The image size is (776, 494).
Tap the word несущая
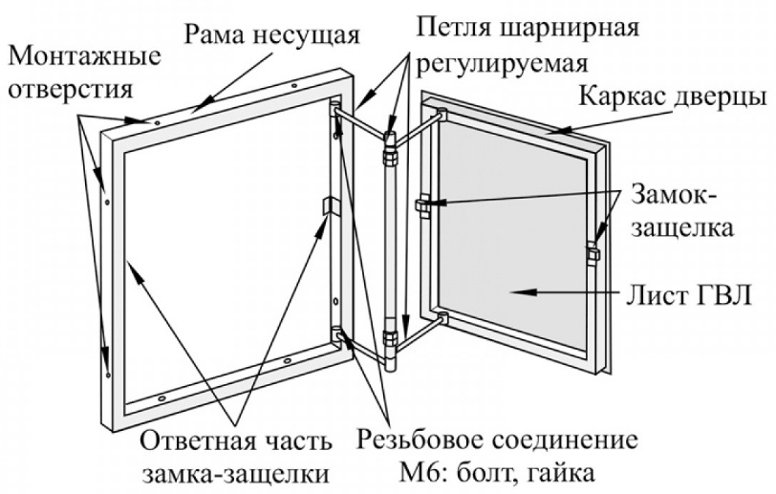point(308,36)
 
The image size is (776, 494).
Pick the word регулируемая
point(505,63)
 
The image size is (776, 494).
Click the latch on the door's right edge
point(593,252)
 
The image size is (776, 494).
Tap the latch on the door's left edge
point(424,205)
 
